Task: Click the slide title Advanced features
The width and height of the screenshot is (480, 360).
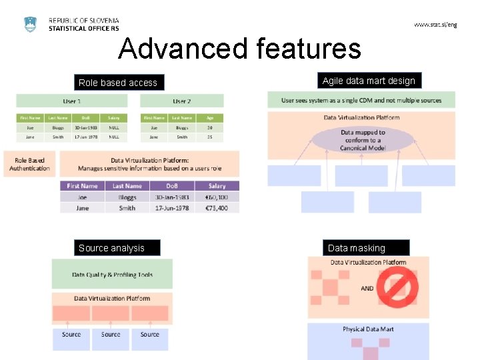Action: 239,49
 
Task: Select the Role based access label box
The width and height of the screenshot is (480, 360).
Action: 118,83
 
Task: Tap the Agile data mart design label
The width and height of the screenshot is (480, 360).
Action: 369,81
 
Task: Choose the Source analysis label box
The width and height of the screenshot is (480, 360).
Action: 111,248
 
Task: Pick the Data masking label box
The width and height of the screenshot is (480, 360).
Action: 357,248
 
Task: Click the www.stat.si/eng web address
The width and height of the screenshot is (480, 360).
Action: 435,25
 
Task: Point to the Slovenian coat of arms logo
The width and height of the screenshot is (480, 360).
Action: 31,25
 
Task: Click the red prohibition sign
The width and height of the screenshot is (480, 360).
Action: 398,288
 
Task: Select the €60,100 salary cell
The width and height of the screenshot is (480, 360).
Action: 217,197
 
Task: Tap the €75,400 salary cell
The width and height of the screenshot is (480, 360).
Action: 217,208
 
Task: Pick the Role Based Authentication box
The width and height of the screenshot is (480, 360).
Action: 30,164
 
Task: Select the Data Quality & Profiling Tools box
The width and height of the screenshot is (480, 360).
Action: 112,275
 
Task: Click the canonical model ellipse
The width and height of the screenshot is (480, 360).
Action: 363,140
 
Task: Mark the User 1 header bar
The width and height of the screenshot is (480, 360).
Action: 72,101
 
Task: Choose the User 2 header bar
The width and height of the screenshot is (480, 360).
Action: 181,101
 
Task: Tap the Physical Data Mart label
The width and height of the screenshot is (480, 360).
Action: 368,329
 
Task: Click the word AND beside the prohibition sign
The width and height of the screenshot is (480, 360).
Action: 367,289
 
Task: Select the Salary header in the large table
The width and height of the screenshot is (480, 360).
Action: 217,186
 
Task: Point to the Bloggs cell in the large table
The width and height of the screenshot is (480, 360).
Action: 127,197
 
